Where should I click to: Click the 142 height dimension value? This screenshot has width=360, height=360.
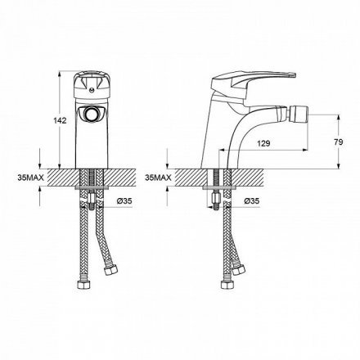tap(60, 120)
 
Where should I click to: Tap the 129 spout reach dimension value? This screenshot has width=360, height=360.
tap(263, 143)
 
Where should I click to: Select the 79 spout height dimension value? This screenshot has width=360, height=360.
tap(339, 142)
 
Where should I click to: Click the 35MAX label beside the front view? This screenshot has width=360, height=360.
tap(30, 178)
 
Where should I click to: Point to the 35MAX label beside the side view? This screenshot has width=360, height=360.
tap(158, 178)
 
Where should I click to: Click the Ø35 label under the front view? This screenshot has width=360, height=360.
tap(124, 201)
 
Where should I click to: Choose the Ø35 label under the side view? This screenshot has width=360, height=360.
tap(251, 201)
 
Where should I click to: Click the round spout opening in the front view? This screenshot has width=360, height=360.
tap(92, 114)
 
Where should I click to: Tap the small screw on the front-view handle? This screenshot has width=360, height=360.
tap(92, 88)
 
